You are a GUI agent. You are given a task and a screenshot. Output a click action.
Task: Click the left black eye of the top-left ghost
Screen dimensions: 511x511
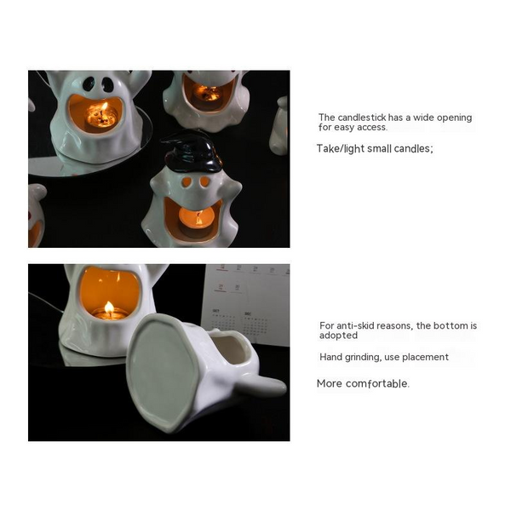[x=89, y=83]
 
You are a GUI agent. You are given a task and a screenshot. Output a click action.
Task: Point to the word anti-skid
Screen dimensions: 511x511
[x=352, y=326]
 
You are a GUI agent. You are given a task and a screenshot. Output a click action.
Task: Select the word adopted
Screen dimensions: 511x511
[x=337, y=336]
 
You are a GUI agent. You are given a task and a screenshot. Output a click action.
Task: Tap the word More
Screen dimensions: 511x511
[x=330, y=384]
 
